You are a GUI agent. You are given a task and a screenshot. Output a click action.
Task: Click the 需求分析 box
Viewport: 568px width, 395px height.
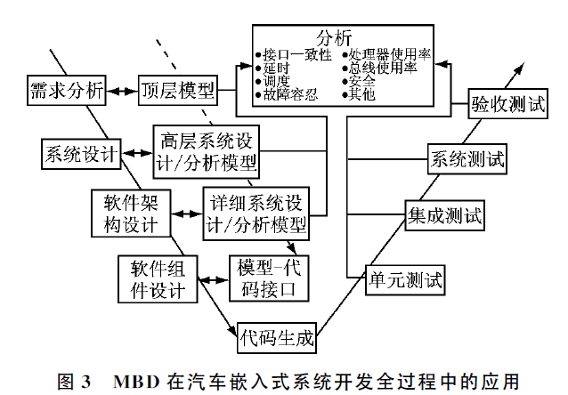[67, 90]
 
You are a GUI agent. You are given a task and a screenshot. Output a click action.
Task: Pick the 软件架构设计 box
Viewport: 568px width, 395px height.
[132, 213]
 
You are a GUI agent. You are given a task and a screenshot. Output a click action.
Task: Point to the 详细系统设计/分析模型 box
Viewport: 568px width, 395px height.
[257, 213]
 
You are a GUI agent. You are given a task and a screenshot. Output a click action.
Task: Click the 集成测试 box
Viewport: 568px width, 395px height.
[445, 216]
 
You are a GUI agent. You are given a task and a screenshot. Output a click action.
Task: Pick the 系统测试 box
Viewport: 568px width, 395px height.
[467, 161]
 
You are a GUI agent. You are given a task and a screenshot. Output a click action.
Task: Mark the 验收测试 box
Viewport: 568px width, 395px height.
[507, 104]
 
